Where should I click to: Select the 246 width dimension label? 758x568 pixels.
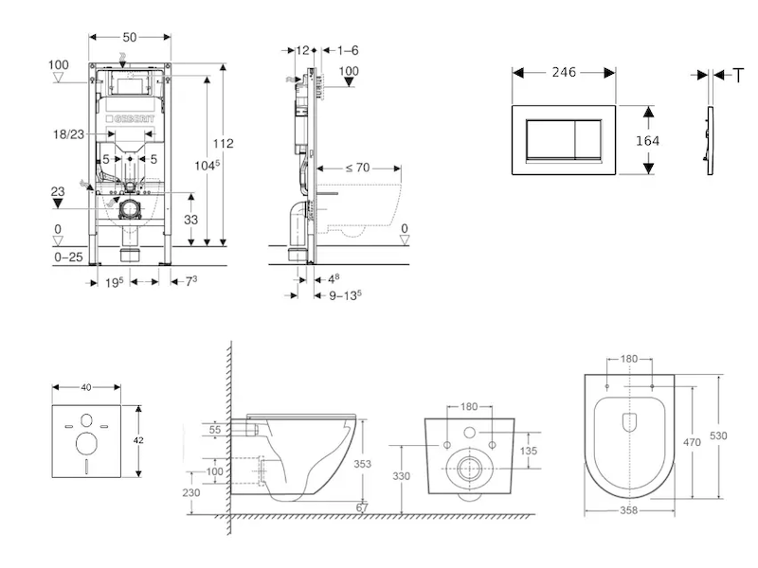tap(566, 72)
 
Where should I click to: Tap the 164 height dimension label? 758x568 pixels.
tap(647, 140)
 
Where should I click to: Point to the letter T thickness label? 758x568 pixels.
tap(738, 74)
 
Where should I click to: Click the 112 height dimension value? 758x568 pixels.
tap(223, 144)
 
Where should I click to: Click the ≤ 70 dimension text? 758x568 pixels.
tap(356, 168)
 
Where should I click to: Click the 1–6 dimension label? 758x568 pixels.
tap(347, 49)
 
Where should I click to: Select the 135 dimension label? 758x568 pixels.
tap(529, 452)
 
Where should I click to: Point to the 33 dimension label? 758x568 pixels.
tap(189, 218)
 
